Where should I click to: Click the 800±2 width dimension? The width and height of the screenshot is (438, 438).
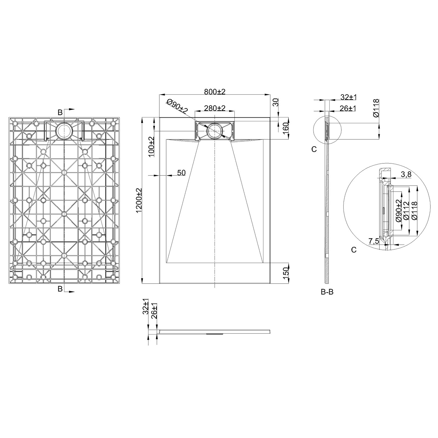(215, 92)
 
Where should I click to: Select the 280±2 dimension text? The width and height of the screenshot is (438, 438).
(215, 108)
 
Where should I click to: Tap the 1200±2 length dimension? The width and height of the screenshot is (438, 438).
(139, 200)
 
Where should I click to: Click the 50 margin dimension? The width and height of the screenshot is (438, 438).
(181, 173)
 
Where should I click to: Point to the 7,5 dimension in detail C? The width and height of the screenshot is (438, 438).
(374, 241)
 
